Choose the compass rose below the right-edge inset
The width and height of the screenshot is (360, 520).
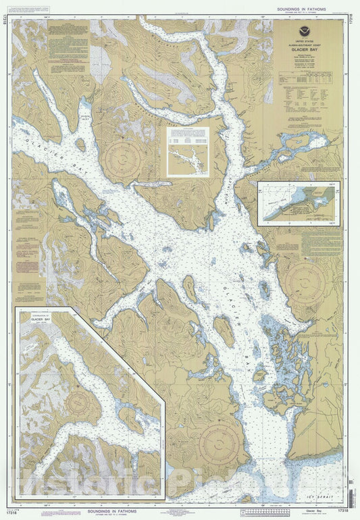(x=305, y=277)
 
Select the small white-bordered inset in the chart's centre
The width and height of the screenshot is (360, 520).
(x=188, y=153)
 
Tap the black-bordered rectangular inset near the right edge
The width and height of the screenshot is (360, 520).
(x=298, y=202)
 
